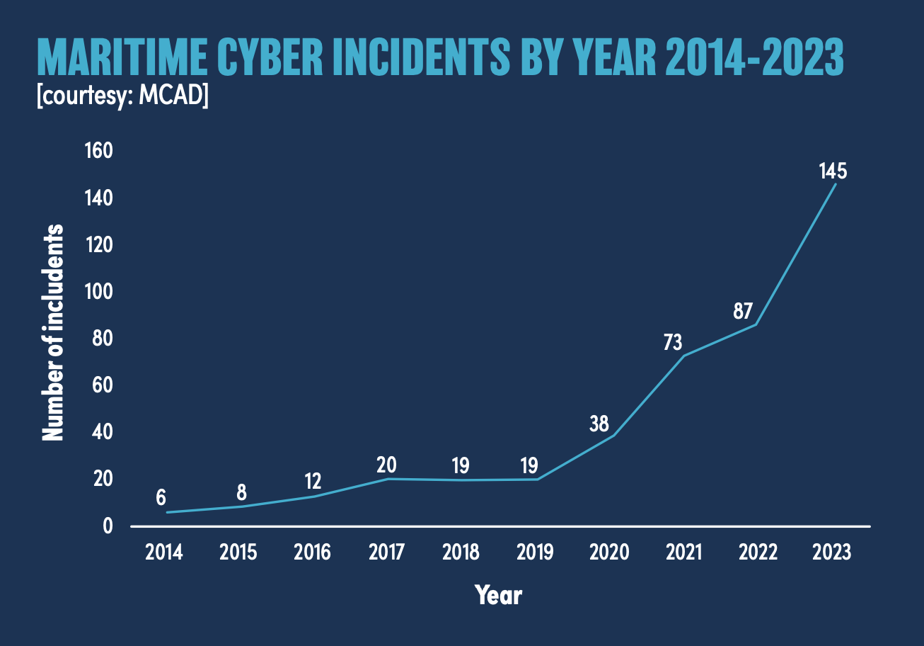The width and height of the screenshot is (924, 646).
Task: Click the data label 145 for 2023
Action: tap(833, 171)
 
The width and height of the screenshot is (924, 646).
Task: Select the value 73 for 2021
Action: tap(673, 343)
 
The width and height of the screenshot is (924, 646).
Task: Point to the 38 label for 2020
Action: tap(599, 424)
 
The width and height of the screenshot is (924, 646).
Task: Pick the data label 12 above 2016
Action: tap(313, 482)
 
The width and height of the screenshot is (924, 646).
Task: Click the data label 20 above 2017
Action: tap(386, 465)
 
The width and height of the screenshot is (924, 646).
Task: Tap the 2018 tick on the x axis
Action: tap(461, 552)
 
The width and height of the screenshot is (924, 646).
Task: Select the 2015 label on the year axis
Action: tap(238, 552)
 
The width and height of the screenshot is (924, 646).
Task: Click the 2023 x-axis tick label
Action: tap(832, 552)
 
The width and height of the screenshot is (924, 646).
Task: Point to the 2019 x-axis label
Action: tap(535, 552)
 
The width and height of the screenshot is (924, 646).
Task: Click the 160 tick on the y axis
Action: tap(98, 151)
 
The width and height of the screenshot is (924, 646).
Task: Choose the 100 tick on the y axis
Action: tap(98, 292)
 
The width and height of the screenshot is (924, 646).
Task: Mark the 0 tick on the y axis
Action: tap(107, 526)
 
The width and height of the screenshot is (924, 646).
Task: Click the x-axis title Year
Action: tap(498, 595)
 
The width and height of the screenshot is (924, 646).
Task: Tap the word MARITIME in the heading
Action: tap(121, 59)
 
